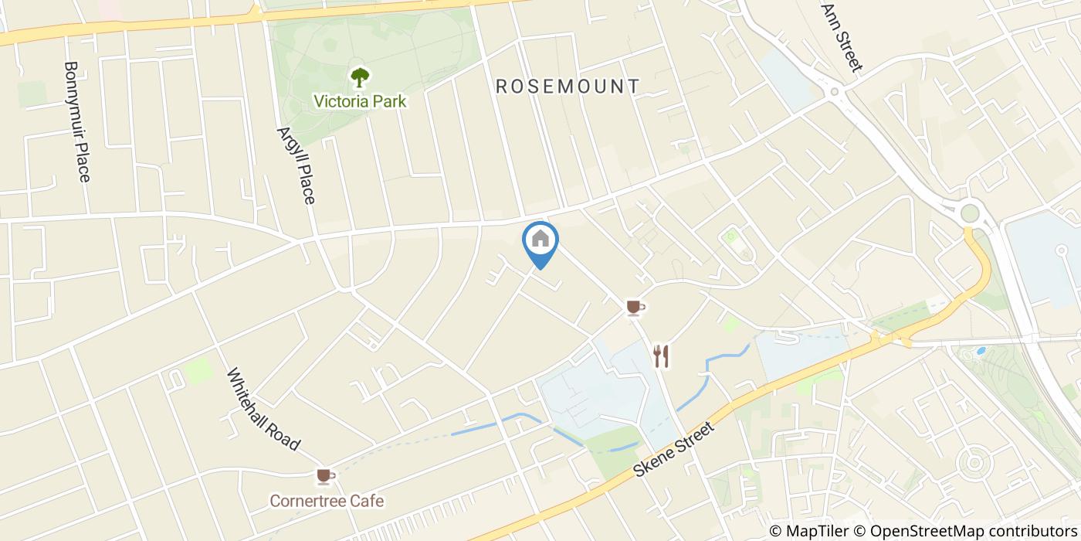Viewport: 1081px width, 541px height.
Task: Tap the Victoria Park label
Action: [359, 101]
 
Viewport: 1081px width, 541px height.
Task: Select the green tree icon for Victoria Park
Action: [359, 77]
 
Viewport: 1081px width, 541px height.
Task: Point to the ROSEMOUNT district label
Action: [568, 86]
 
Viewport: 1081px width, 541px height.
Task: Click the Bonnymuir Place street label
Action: [77, 122]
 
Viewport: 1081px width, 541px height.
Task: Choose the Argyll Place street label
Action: [296, 165]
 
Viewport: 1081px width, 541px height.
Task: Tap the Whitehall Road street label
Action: [263, 409]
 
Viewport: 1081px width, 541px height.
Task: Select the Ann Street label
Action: [842, 37]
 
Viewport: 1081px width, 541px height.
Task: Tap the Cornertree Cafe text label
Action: [327, 501]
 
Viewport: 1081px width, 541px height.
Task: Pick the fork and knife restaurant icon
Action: [660, 356]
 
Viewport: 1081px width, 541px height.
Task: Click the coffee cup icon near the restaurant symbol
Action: [635, 308]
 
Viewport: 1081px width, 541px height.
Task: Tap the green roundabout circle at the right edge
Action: [970, 213]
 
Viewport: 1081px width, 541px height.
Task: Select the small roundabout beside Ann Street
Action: [835, 93]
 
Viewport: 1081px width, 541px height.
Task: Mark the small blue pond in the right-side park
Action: [981, 350]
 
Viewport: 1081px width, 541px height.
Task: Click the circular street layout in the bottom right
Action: [972, 464]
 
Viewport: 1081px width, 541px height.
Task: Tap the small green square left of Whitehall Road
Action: [198, 370]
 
